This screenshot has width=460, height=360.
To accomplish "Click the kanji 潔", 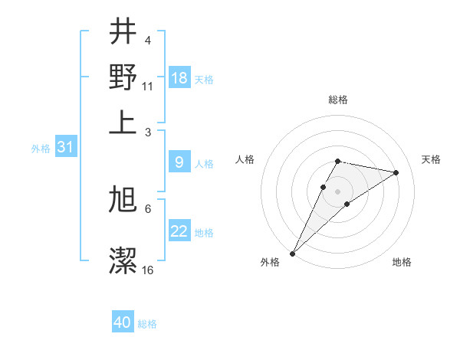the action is [123, 260].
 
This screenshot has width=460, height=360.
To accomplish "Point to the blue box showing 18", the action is [179, 78].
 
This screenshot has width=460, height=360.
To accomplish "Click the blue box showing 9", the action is [179, 162].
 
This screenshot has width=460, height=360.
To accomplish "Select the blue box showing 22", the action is [179, 231].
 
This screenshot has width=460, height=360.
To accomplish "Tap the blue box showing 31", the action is [65, 147].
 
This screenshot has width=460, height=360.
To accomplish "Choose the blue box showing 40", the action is [123, 322].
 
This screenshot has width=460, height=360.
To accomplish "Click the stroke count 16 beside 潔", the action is [147, 270].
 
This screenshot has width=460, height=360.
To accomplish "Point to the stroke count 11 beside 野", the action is [147, 86].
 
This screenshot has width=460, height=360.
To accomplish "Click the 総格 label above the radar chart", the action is [337, 100].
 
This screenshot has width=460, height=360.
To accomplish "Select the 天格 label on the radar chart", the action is [431, 159].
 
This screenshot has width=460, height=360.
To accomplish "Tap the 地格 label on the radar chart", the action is [402, 262].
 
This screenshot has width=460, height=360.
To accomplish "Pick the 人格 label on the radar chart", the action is [245, 159].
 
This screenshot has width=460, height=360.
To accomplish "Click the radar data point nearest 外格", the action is [292, 253].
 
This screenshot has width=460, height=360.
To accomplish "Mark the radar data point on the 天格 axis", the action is [396, 172].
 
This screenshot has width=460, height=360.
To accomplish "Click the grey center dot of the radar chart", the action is [337, 191].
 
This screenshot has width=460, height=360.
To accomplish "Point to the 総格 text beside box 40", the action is [147, 324].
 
